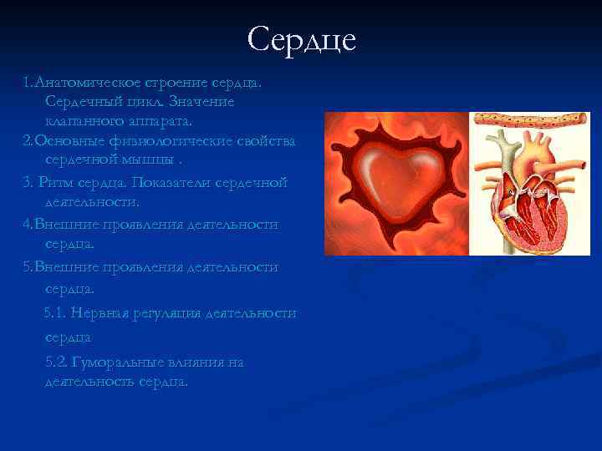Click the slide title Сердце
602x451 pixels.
pyautogui.click(x=302, y=39)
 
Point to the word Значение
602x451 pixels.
pyautogui.click(x=202, y=102)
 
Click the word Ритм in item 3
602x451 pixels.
pyautogui.click(x=58, y=183)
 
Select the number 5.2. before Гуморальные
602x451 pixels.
pyautogui.click(x=57, y=362)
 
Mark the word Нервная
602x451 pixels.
pyautogui.click(x=98, y=313)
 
